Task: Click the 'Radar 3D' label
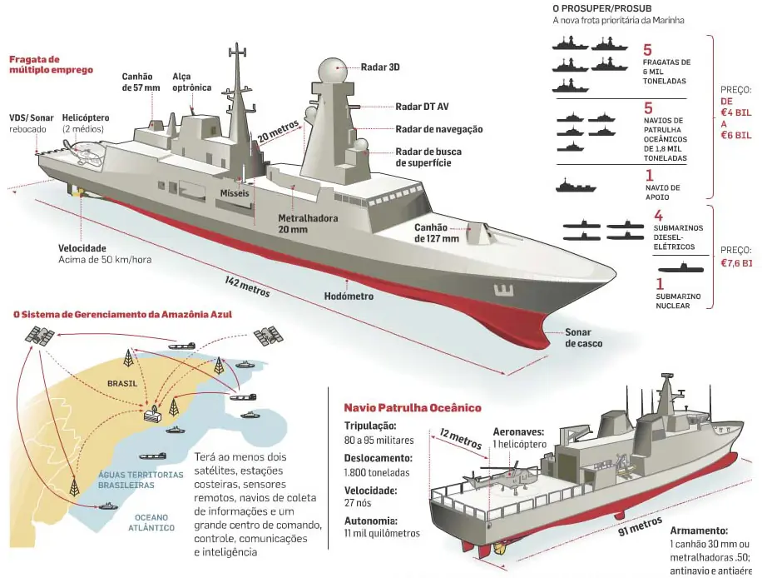click(380, 67)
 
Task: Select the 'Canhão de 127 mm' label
click(437, 233)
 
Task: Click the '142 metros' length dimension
click(248, 283)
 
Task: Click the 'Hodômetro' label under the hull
click(349, 296)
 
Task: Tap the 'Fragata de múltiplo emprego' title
click(39, 65)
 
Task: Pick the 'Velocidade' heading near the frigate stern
click(82, 248)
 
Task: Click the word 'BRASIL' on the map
click(122, 385)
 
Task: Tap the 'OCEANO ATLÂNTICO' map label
click(151, 521)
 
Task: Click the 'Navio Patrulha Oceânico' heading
click(413, 408)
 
